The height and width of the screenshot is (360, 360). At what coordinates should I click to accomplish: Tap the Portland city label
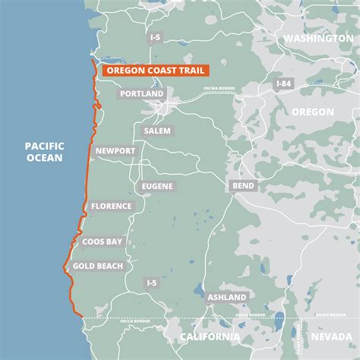[141, 94]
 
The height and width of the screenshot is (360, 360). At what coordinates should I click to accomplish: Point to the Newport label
[115, 151]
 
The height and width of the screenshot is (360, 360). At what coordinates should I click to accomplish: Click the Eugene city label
[157, 186]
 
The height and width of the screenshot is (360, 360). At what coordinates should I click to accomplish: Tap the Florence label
[112, 206]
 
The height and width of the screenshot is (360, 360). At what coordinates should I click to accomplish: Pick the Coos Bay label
[103, 242]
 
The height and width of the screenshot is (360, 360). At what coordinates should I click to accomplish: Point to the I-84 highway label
[283, 83]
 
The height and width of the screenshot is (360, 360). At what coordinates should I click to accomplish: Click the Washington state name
[318, 37]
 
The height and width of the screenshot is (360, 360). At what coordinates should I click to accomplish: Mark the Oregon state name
[311, 111]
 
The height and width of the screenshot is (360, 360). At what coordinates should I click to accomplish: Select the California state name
[209, 336]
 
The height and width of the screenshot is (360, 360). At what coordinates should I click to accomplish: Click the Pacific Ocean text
[44, 152]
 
